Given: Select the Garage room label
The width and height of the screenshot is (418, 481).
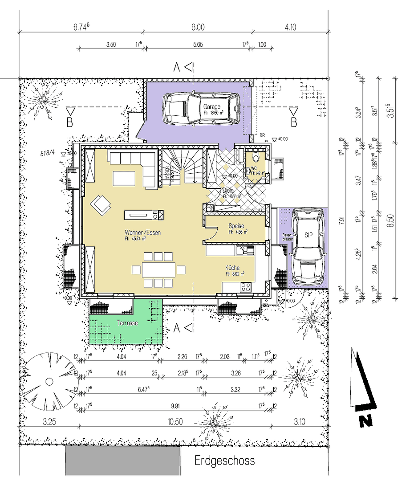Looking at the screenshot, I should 212,107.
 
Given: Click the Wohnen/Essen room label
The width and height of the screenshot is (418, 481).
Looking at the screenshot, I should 142,232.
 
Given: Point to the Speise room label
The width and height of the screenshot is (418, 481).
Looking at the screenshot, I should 236,226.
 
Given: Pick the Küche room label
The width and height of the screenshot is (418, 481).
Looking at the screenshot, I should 233,268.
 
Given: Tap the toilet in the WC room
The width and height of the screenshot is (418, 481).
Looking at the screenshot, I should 255,158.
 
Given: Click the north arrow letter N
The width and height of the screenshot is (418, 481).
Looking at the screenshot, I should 366,420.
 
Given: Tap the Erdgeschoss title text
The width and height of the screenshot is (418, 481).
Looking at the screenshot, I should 224,460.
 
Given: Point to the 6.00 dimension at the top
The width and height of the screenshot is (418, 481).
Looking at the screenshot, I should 198,27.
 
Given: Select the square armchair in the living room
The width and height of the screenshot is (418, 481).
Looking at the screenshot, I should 101,205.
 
